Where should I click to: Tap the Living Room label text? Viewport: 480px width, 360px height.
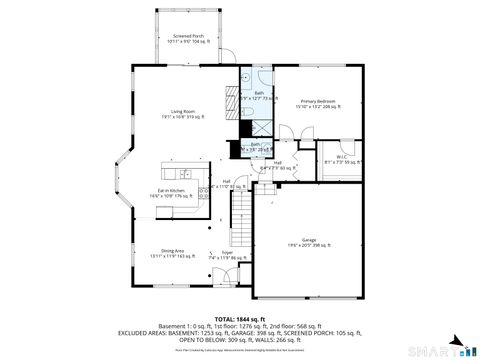[182, 114]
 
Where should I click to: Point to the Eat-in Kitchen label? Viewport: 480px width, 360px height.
[171, 192]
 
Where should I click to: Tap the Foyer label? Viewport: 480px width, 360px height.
[226, 255]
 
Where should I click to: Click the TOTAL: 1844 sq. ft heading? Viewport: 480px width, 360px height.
[239, 317]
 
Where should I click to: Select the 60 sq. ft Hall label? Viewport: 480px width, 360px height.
[277, 166]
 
